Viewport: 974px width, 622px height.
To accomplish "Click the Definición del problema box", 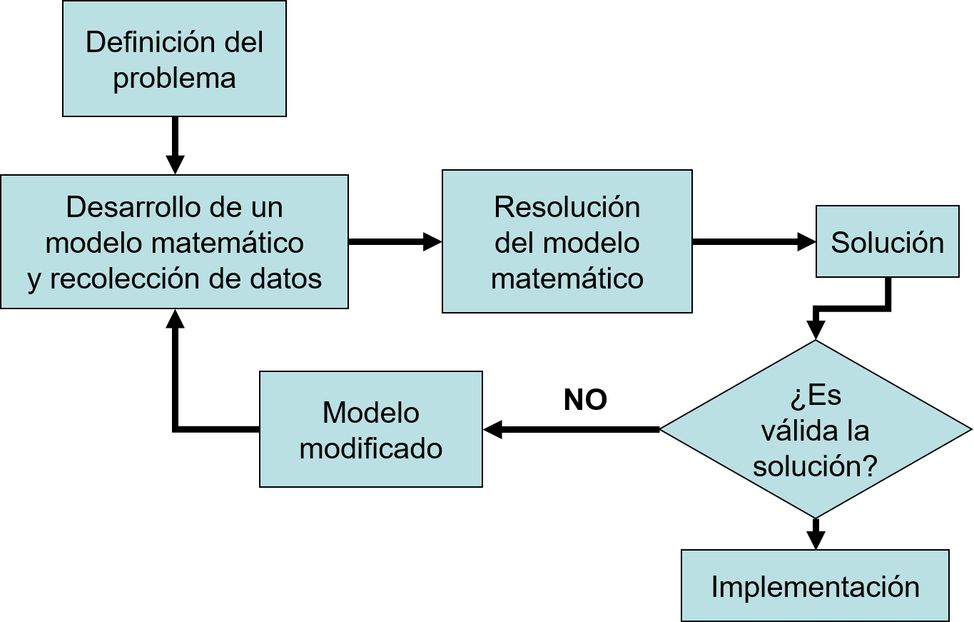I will coord(174,59).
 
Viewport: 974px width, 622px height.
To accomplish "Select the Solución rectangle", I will coord(887,241).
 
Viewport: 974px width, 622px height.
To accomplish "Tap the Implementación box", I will coord(815,586).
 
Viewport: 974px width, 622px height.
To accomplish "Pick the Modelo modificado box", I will coord(370,429).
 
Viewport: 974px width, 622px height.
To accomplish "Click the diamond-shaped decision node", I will coord(815,429).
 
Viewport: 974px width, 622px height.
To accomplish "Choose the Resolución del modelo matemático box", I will coord(567,241).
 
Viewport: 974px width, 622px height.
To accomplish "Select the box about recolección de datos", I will coord(174,241).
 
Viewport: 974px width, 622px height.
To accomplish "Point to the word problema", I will coord(174,78).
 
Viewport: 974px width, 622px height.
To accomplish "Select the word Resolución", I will coord(567,207).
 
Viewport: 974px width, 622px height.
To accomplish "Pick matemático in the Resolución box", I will coord(567,279).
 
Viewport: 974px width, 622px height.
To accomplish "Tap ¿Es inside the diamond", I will coord(816,396).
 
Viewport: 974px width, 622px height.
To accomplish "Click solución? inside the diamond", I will coord(814,466).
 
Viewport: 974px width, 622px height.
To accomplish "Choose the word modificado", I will coord(370,448).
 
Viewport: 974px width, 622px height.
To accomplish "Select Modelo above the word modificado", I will coord(370,413).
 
